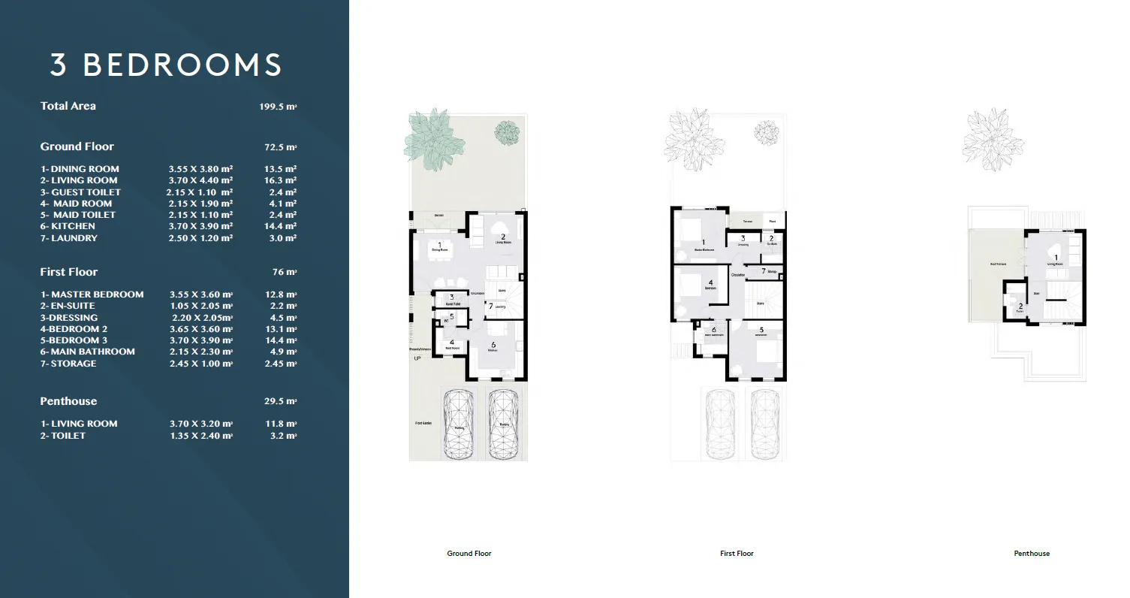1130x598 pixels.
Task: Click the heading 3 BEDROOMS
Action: pos(166,65)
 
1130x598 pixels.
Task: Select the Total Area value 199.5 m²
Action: pos(278,107)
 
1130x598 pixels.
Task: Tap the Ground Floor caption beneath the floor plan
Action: pos(469,554)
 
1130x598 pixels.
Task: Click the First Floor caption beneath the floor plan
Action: pos(737,554)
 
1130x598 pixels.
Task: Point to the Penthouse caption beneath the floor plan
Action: pos(1032,554)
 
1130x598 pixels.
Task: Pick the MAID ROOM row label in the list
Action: pos(82,204)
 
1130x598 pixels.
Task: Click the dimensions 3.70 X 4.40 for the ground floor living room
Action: pos(200,180)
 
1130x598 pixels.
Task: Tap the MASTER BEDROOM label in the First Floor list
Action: pos(92,294)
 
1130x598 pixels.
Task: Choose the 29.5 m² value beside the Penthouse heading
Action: pos(282,401)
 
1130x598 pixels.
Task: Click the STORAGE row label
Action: pos(68,364)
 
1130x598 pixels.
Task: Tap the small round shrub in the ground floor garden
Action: pos(507,131)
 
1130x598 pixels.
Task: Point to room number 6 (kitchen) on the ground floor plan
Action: pos(493,344)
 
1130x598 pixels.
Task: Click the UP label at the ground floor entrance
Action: pos(417,358)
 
